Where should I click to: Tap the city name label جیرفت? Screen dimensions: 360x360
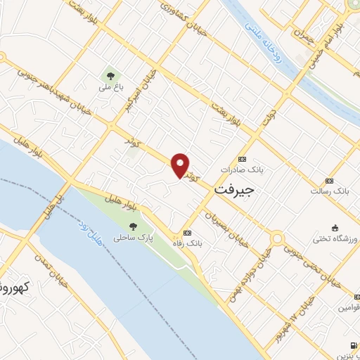pos(233,190)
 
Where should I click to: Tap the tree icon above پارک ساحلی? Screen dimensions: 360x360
pos(133,226)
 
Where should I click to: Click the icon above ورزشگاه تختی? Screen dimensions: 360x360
pos(334,227)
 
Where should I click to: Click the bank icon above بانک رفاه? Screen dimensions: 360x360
pos(187,233)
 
